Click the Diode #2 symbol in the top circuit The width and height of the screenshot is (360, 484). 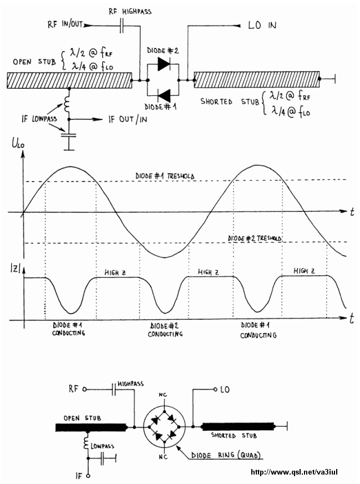coord(164,64)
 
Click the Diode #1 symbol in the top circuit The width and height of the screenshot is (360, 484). coord(164,95)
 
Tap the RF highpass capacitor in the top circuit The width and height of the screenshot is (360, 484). coord(121,26)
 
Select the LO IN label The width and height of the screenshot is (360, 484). coord(262,25)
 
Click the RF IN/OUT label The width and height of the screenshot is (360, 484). coord(65,24)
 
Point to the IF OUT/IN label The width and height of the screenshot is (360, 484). coord(128,119)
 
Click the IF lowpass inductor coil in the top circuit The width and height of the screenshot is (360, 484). coord(67,104)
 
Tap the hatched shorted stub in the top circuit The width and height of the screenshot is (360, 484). coord(257,79)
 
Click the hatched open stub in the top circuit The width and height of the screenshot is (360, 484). coord(69,80)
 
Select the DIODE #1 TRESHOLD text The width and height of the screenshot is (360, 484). coord(165,177)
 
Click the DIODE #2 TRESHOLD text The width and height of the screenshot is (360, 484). coord(255,238)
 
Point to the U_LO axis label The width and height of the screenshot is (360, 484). coord(18,144)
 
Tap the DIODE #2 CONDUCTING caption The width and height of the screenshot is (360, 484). coord(165,330)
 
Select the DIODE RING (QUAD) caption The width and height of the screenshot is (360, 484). coord(226,455)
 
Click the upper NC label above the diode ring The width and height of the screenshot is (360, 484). coord(163,395)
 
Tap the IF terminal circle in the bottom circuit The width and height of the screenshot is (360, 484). coord(88,476)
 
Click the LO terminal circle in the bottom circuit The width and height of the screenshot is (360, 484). coord(216,389)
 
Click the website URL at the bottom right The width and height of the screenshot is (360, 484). coord(294,472)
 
